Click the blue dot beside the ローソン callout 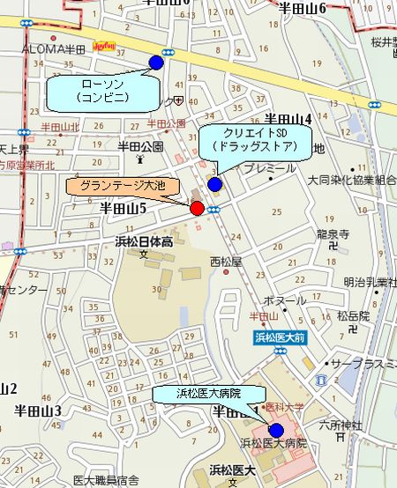pos(156,62)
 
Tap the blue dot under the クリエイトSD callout pos(214,184)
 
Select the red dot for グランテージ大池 pos(197,208)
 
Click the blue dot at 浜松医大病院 pos(276,430)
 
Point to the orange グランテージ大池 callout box pos(122,186)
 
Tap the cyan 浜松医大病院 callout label pos(209,393)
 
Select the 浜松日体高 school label pos(143,240)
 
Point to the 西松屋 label pos(225,261)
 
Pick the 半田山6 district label pos(303,8)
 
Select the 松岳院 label pos(352,314)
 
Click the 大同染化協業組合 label pos(351,180)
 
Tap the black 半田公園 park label pos(141,147)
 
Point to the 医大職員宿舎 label pos(106,480)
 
